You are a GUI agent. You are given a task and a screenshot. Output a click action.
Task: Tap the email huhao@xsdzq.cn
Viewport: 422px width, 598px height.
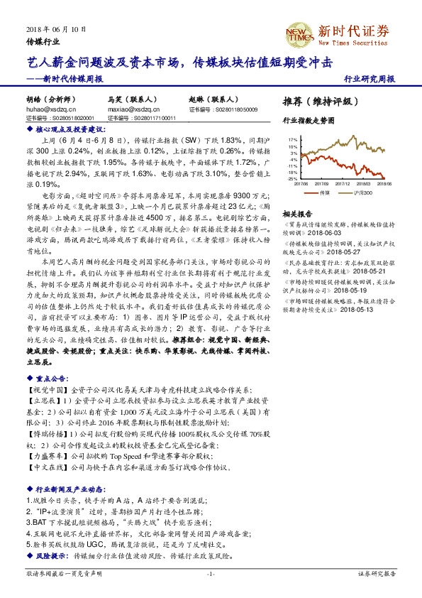pos(48,110)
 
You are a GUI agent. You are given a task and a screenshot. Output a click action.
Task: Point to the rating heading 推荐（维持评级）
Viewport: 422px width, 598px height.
pos(316,102)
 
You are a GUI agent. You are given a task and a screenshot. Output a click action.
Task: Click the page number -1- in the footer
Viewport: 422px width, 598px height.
pos(210,573)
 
